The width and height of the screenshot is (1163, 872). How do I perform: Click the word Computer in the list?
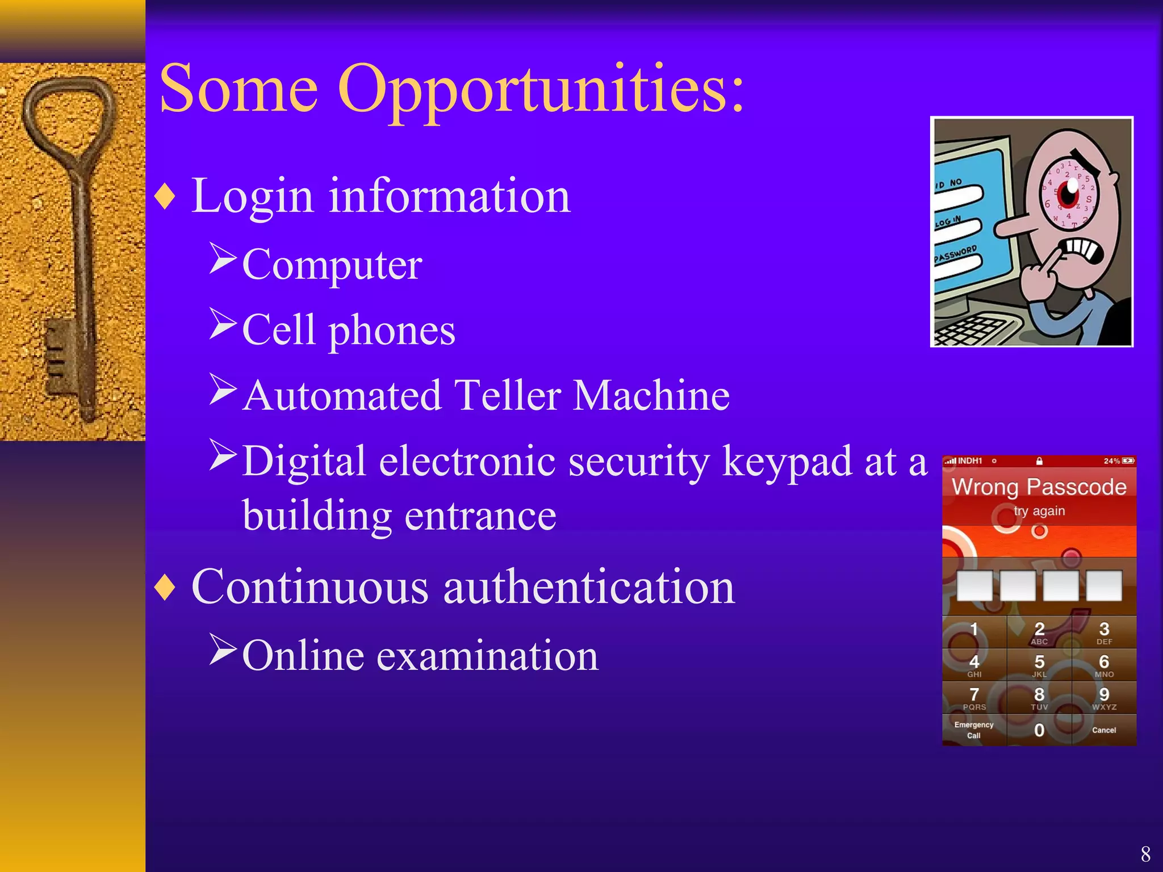pos(332,266)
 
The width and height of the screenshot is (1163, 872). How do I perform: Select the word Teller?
pos(507,396)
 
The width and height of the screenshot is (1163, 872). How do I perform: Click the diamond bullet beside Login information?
pos(165,197)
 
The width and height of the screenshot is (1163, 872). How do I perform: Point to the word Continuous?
pos(310,588)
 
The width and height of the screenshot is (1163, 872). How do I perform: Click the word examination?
pos(487,656)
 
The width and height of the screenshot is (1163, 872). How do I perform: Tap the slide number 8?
pos(1145,854)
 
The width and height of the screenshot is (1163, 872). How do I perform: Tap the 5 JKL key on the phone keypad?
pos(1039,665)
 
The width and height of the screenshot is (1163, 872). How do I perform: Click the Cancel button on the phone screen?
pos(1103,730)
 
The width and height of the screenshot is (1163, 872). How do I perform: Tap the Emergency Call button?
pos(974,730)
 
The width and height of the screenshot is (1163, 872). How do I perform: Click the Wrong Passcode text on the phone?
pos(1039,487)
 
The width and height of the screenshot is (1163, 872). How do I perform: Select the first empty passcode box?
pos(974,586)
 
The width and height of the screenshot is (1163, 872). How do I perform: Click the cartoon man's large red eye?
pos(1069,193)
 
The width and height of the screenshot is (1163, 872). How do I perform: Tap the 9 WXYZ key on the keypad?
pos(1103,698)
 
